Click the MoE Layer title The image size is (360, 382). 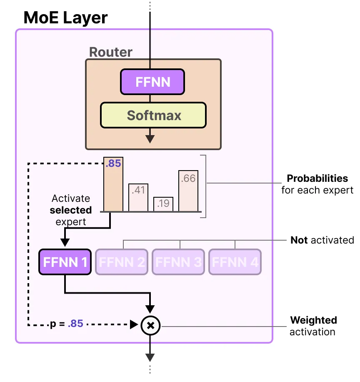tap(65, 18)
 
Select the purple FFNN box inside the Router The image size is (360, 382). tap(152, 82)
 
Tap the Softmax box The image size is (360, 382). tap(153, 115)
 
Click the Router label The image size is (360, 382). tap(111, 52)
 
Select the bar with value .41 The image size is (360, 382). tap(138, 197)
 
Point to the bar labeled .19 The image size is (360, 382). tap(163, 204)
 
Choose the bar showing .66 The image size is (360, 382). tap(188, 191)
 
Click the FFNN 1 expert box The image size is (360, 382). tap(65, 262)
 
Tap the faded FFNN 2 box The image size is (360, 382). tap(122, 262)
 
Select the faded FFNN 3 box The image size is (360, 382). tap(178, 262)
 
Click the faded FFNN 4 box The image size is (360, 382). tap(235, 262)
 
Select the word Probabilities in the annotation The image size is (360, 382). tap(317, 178)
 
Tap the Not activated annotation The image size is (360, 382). tap(322, 240)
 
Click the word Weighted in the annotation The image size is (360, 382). tap(313, 320)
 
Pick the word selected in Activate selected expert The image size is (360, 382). tap(71, 210)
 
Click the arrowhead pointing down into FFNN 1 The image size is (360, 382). tap(65, 243)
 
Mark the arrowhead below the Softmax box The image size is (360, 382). tap(150, 139)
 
